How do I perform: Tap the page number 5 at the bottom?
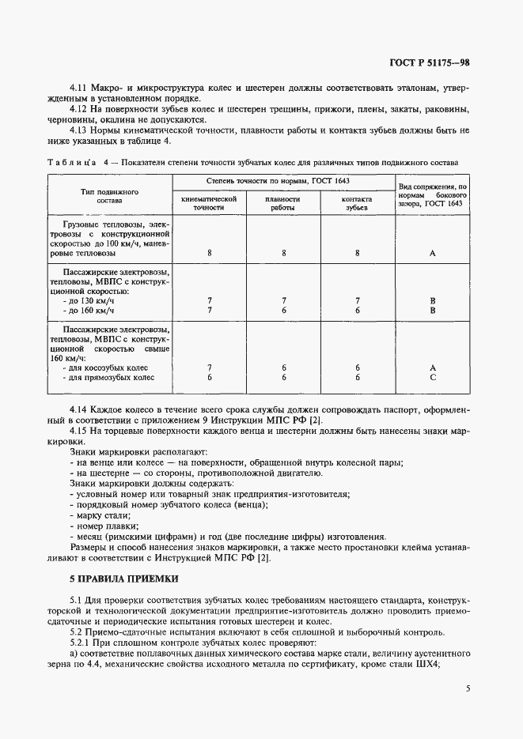(x=468, y=688)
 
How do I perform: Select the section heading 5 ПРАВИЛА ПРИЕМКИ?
(x=123, y=579)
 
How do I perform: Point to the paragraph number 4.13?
(x=80, y=130)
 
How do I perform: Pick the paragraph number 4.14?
(x=80, y=410)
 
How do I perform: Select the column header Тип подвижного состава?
(x=110, y=196)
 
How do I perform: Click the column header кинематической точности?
(x=210, y=203)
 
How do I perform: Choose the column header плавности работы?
(x=282, y=203)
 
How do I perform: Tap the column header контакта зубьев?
(x=357, y=203)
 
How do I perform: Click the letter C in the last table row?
(x=433, y=378)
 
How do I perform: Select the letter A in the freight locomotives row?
(x=433, y=253)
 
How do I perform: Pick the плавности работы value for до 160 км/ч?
(x=282, y=310)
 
